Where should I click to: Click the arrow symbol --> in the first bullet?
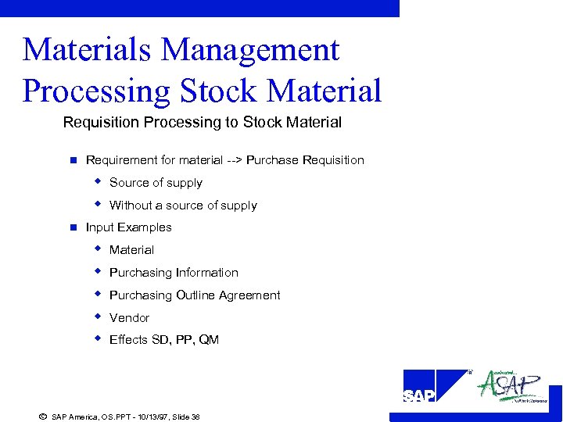pyautogui.click(x=234, y=160)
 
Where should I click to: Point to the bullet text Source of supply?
pyautogui.click(x=156, y=183)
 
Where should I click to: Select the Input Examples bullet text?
pyautogui.click(x=128, y=227)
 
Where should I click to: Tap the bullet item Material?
pyautogui.click(x=131, y=250)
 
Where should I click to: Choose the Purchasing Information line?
pyautogui.click(x=174, y=273)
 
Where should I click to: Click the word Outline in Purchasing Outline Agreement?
pyautogui.click(x=197, y=295)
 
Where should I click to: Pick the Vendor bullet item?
pyautogui.click(x=129, y=318)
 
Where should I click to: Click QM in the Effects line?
pyautogui.click(x=209, y=340)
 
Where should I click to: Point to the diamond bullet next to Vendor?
pyautogui.click(x=98, y=316)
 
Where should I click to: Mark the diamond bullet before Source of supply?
pyautogui.click(x=98, y=181)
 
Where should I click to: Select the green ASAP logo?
pyautogui.click(x=512, y=385)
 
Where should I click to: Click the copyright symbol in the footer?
pyautogui.click(x=42, y=417)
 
